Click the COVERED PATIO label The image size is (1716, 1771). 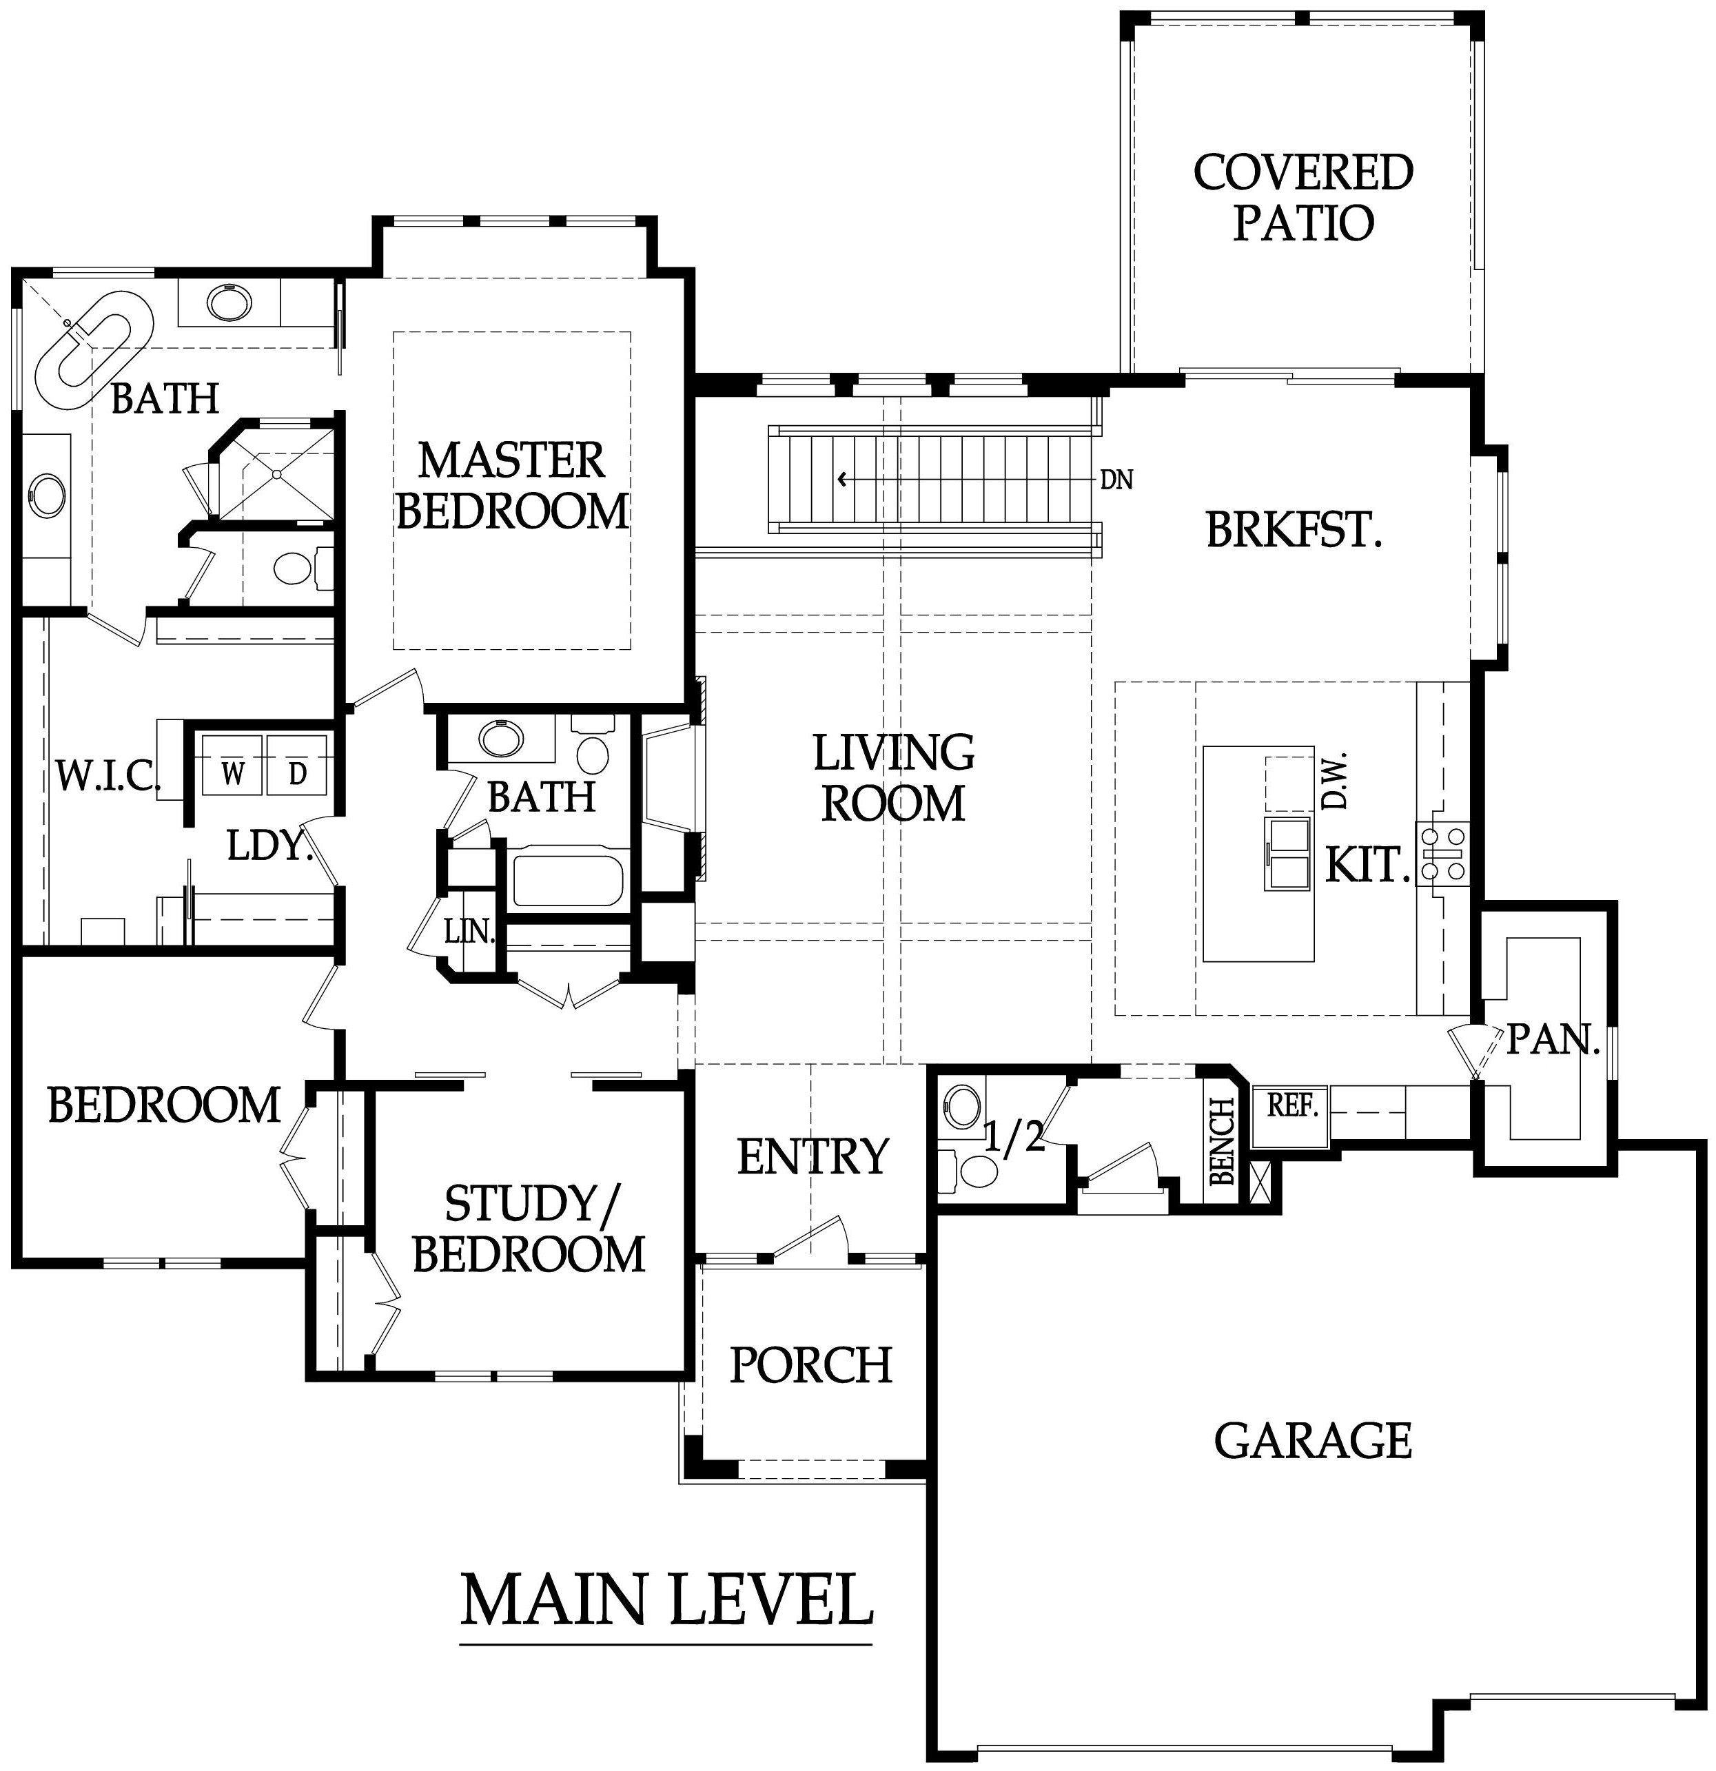1303,198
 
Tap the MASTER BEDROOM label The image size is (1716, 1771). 512,486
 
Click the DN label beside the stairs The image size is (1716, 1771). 1117,480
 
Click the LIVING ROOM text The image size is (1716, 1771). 894,778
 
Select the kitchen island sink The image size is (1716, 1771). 1287,853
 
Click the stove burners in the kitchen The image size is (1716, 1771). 1443,853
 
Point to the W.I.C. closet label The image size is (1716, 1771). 108,775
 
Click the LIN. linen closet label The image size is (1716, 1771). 470,931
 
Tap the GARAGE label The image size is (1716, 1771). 1312,1440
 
